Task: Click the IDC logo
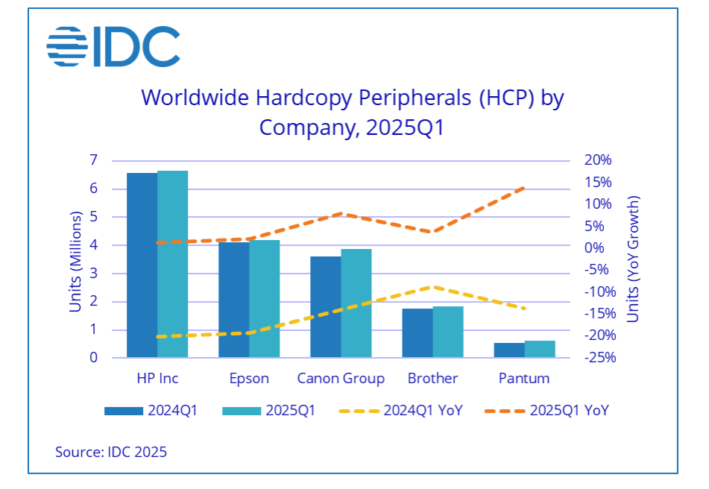(x=113, y=45)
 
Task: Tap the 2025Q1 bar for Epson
(x=264, y=298)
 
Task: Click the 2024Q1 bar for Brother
(x=417, y=332)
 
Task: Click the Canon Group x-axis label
(x=341, y=379)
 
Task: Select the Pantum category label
(x=523, y=379)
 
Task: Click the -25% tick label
(x=580, y=358)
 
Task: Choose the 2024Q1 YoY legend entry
(x=400, y=410)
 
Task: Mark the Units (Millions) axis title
(x=76, y=258)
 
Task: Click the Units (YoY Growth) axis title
(x=633, y=258)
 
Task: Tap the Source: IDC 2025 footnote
(x=111, y=452)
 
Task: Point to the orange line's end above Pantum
(x=525, y=187)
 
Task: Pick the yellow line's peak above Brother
(x=432, y=286)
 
